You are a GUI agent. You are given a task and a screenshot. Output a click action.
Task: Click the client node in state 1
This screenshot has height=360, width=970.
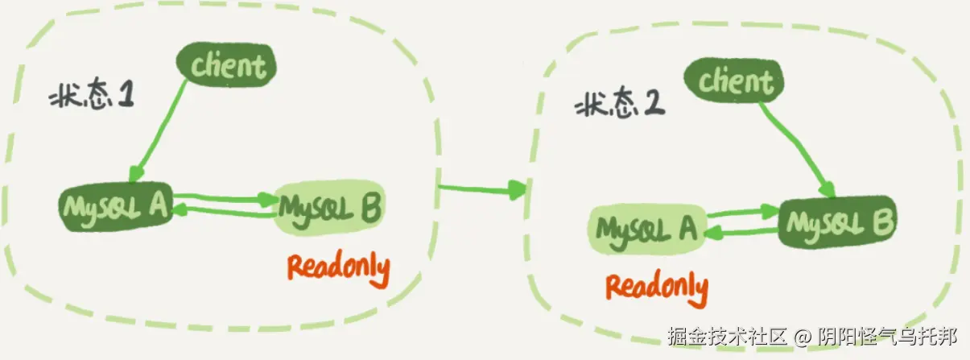229,65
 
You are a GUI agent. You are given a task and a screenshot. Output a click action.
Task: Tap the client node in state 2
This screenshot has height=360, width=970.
735,81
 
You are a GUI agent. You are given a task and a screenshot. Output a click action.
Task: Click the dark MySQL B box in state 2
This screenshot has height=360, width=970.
837,221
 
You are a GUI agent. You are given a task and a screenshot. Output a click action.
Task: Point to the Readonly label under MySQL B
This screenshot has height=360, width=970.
338,267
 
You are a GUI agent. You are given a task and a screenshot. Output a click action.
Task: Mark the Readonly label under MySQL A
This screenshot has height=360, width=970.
657,286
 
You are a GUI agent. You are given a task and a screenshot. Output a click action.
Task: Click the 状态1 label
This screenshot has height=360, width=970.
91,98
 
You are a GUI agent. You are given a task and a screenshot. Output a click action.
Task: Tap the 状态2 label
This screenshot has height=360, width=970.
619,106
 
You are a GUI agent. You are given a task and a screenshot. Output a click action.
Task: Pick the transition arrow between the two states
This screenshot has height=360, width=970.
481,190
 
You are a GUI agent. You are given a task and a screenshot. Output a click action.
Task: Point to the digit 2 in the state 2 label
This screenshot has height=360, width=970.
653,106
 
